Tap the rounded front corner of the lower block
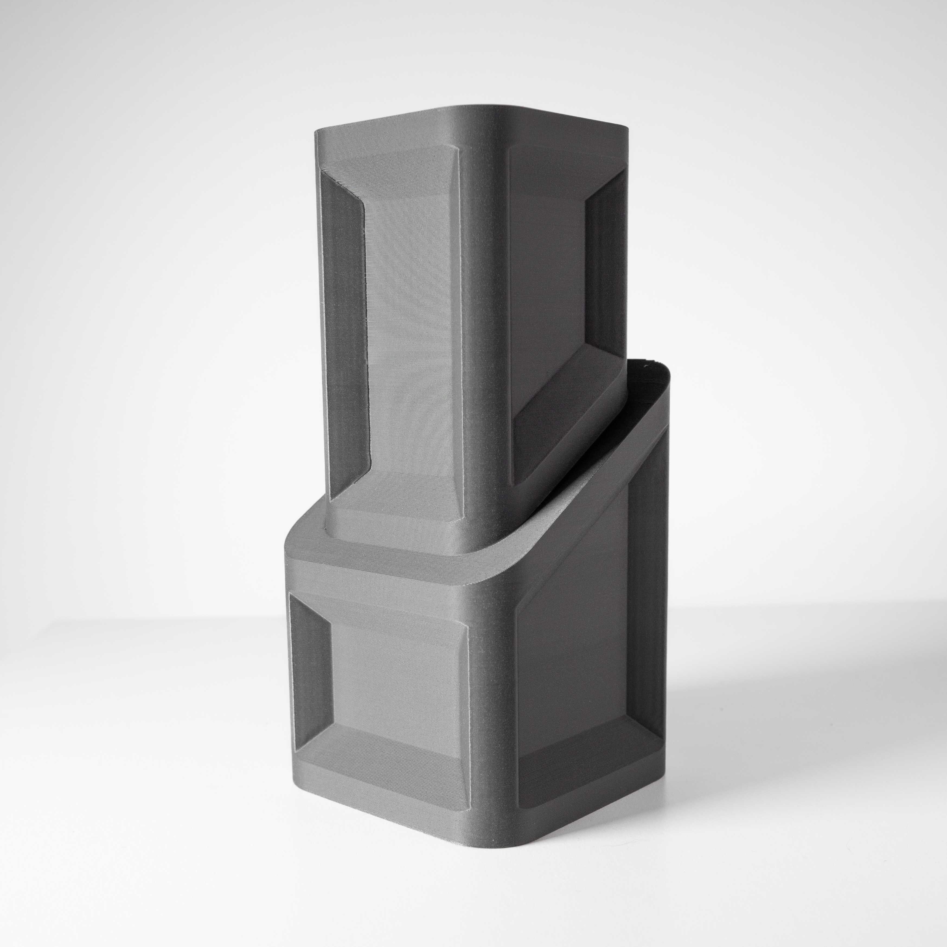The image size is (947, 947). click(x=490, y=711)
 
